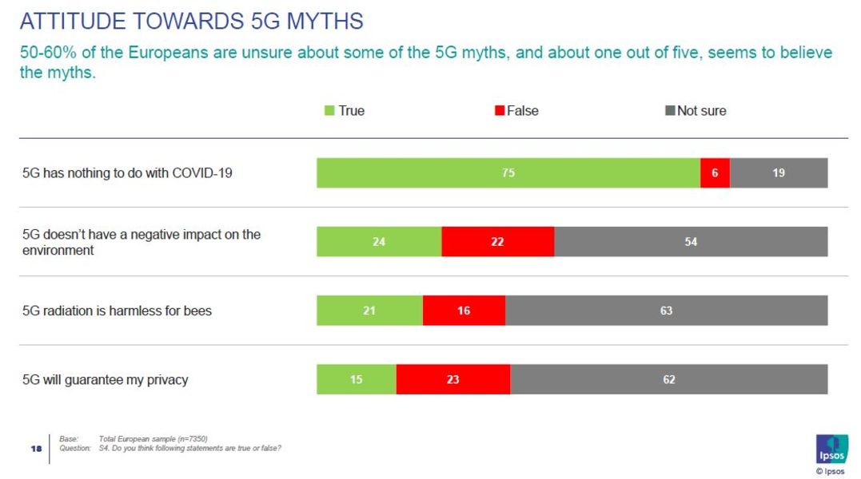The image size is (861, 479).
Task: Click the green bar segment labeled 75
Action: [508, 172]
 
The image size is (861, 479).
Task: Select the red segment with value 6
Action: [715, 172]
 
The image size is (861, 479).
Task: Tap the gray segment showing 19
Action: [779, 172]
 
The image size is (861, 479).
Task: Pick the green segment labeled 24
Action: [379, 241]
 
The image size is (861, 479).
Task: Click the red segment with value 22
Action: [497, 241]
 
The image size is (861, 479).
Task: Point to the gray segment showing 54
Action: [691, 241]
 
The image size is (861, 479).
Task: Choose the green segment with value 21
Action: [369, 311]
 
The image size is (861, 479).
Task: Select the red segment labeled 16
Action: [464, 311]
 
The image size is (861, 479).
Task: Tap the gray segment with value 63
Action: [666, 311]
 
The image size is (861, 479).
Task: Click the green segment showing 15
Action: [357, 379]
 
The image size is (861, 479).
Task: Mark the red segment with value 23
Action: [452, 379]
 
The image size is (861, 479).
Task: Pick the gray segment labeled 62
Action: [669, 379]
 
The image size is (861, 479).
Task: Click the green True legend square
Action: [329, 111]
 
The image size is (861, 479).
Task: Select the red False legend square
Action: [500, 111]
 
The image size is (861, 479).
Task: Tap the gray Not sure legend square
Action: [670, 111]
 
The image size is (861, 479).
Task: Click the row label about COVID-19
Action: [127, 172]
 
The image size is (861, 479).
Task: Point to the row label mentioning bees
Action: [117, 311]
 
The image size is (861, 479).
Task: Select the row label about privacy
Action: [105, 379]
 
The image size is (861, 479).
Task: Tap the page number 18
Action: [36, 449]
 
